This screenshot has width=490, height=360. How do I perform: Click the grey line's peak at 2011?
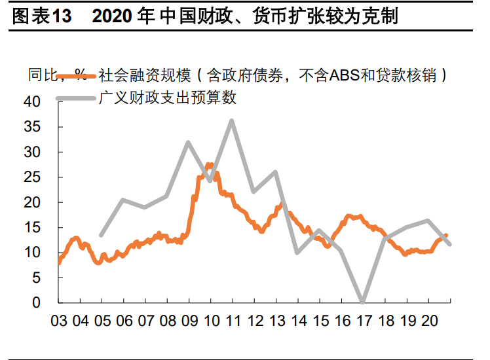pyautogui.click(x=232, y=120)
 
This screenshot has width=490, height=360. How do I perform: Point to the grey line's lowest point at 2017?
pyautogui.click(x=362, y=302)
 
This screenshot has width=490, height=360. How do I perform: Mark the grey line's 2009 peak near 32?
pyautogui.click(x=188, y=142)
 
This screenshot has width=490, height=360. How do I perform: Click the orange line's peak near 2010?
pyautogui.click(x=210, y=165)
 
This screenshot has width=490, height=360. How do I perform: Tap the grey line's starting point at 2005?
pyautogui.click(x=101, y=235)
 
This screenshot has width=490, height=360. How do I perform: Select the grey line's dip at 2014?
pyautogui.click(x=297, y=252)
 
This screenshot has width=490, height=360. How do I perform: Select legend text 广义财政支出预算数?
pyautogui.click(x=167, y=99)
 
